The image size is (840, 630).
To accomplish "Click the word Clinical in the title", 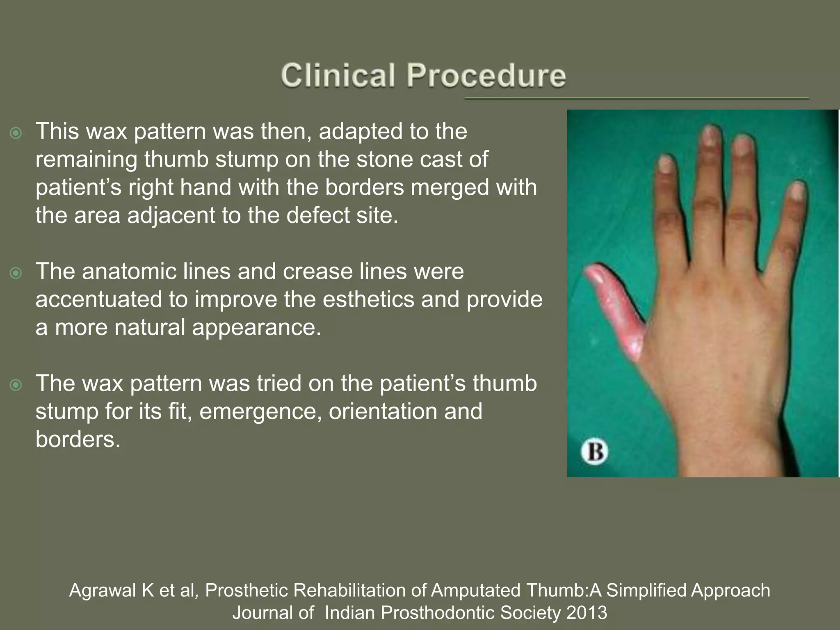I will pyautogui.click(x=338, y=75).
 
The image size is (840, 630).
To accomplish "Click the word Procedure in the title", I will pyautogui.click(x=486, y=75).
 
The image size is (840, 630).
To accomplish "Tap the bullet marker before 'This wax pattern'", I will pyautogui.click(x=16, y=133).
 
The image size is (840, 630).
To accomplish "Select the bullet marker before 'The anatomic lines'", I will pyautogui.click(x=16, y=273).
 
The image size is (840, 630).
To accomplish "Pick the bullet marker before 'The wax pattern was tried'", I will pyautogui.click(x=16, y=385).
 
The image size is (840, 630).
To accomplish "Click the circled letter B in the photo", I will pyautogui.click(x=594, y=452).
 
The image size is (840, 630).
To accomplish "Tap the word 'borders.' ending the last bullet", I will pyautogui.click(x=78, y=439).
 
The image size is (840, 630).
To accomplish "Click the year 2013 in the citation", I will pyautogui.click(x=586, y=612).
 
